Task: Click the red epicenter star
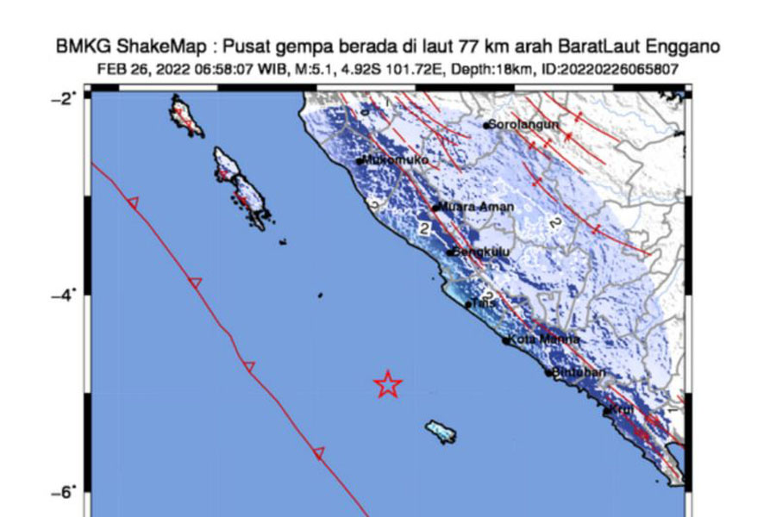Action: [388, 384]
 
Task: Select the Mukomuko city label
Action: [397, 159]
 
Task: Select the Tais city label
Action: [482, 303]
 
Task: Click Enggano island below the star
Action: [440, 433]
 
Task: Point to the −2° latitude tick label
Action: [66, 97]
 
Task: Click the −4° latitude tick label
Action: [66, 295]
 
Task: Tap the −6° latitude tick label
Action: [66, 491]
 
